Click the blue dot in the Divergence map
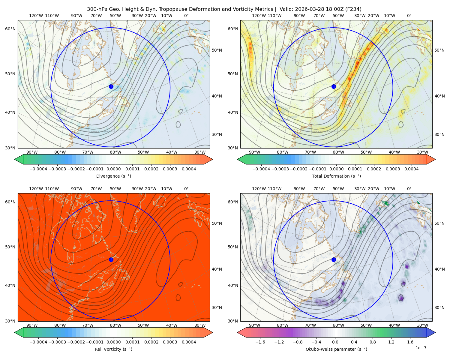[x=111, y=86]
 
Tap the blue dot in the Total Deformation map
[x=334, y=86]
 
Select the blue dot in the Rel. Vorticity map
[x=111, y=259]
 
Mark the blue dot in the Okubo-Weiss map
[x=334, y=259]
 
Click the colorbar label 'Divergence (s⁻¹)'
[x=113, y=176]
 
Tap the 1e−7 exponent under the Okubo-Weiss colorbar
[x=421, y=348]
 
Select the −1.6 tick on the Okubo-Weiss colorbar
[x=260, y=342]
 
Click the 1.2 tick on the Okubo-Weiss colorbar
[x=391, y=342]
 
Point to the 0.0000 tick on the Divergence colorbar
[x=113, y=169]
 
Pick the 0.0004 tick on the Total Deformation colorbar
[x=411, y=169]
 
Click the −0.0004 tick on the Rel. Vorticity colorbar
[x=38, y=342]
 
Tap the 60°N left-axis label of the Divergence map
[x=10, y=29]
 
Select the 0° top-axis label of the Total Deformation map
[x=409, y=16]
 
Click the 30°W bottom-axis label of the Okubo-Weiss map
[x=422, y=325]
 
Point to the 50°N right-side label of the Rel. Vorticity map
[x=217, y=223]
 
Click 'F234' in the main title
[x=353, y=9]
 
